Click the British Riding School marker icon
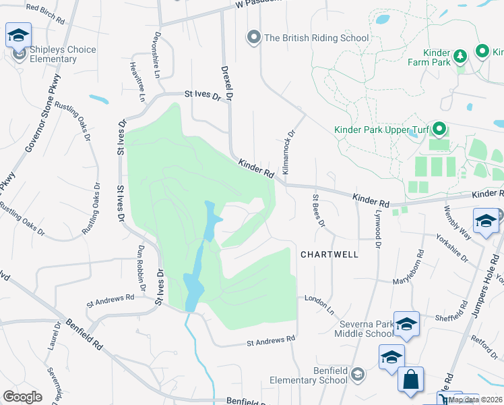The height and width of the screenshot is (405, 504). [x=254, y=37]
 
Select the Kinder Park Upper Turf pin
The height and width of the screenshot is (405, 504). [x=439, y=128]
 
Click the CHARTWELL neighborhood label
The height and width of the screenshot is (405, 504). [x=329, y=254]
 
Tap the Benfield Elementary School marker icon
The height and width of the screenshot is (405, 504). [x=358, y=374]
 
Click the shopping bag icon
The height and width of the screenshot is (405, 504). [x=410, y=380]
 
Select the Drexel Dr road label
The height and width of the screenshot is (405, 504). [x=227, y=83]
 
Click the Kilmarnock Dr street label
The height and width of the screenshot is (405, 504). [x=288, y=153]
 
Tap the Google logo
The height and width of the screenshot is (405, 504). [x=22, y=396]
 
